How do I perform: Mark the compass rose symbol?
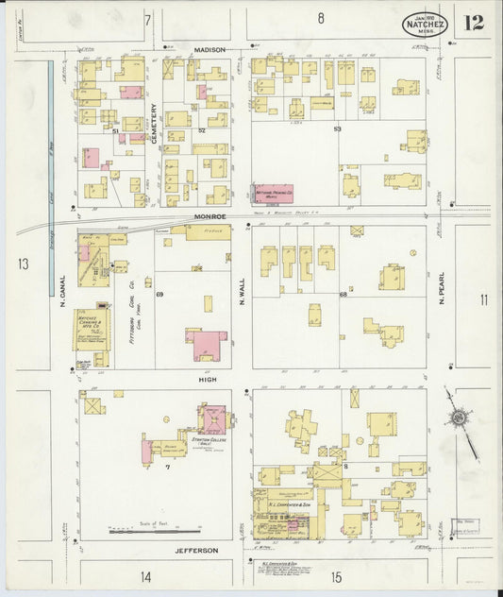(458, 417)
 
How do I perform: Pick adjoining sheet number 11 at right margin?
(483, 300)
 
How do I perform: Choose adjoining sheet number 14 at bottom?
(145, 575)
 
